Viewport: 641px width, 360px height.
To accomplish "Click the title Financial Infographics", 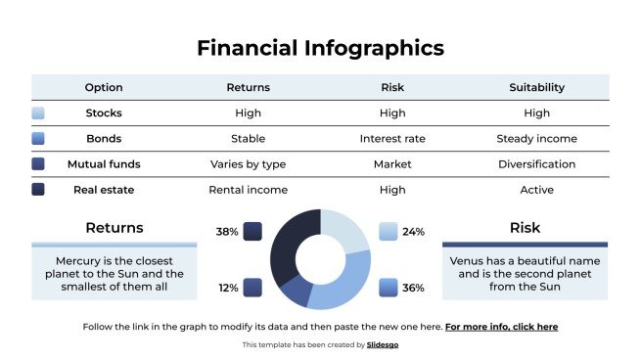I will pos(320,47).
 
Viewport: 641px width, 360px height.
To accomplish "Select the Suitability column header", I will pos(536,87).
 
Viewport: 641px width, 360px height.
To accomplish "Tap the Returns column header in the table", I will pos(248,87).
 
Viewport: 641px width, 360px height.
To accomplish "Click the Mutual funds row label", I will pos(104,163).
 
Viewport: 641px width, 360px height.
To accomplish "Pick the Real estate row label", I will pos(104,189).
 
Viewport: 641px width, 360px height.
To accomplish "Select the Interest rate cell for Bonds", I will pos(391,138).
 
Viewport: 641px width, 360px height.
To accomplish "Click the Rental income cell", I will pos(248,189).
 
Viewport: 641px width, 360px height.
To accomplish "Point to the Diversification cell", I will pos(536,163).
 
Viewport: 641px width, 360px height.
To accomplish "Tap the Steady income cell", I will pos(536,138).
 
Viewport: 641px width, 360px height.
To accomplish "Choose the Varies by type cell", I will pos(248,163).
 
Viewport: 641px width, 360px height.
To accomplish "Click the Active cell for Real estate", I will pos(536,189).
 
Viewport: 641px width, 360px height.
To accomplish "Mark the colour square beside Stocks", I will pos(38,113).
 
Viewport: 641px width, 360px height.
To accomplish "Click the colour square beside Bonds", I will pos(38,139).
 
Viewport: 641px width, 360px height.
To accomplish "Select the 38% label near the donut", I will pos(227,232).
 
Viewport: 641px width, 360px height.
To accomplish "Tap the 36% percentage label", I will pos(413,288).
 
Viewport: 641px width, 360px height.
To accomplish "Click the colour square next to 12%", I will pos(252,288).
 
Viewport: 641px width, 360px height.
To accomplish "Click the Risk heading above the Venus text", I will pos(525,228).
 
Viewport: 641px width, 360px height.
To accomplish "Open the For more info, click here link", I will pos(501,327).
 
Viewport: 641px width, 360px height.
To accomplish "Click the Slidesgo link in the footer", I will pos(383,345).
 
